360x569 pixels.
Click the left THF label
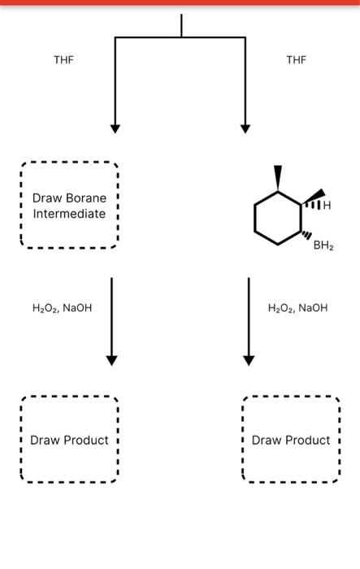(x=63, y=59)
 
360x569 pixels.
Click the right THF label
(x=297, y=59)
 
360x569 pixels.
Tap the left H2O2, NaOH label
(x=62, y=308)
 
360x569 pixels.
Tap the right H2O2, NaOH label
(x=298, y=308)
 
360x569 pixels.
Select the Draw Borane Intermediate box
(x=69, y=206)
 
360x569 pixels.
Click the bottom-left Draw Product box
(x=69, y=440)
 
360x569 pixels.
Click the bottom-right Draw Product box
(x=291, y=440)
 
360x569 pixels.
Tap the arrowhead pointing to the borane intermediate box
(x=115, y=128)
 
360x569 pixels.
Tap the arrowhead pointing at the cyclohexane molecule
(x=245, y=128)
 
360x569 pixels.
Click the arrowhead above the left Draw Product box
(x=112, y=360)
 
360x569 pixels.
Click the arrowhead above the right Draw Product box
(x=249, y=360)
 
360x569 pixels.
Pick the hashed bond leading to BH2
(x=306, y=236)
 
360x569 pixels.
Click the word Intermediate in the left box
(x=69, y=214)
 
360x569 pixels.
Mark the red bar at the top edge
(x=180, y=2)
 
